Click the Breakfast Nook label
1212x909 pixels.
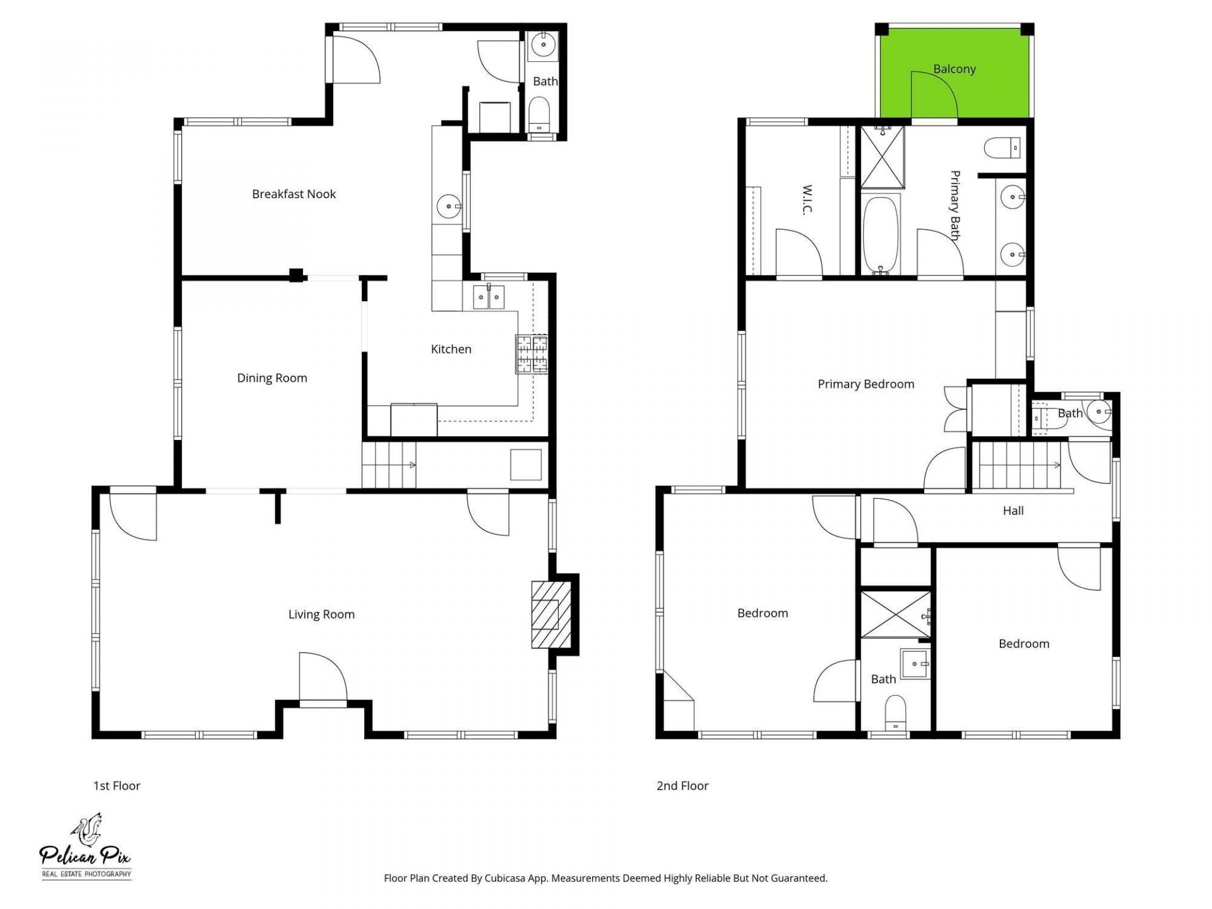pos(294,194)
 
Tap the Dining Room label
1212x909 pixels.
pos(272,378)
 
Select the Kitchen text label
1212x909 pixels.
pos(451,349)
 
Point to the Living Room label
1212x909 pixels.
pos(321,614)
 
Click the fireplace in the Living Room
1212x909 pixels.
pos(550,614)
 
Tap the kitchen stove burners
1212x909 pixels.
pos(532,354)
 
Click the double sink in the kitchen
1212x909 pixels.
pos(489,297)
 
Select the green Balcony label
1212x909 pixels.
pos(954,69)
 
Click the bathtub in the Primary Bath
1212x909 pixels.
pos(881,233)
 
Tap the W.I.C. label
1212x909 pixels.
pos(806,199)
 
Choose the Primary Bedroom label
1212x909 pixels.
pos(865,384)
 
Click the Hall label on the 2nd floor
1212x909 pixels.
pos(1013,511)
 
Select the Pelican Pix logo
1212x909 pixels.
pos(86,847)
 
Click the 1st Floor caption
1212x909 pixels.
pos(117,786)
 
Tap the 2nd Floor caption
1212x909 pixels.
pos(682,786)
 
